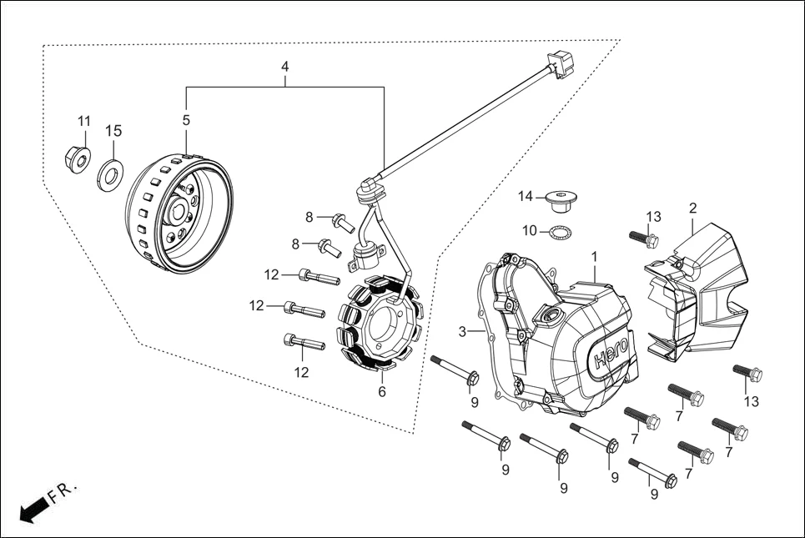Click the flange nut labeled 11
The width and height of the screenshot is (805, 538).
78,158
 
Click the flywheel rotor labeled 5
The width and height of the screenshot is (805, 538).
178,213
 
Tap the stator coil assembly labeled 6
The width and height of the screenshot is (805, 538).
380,325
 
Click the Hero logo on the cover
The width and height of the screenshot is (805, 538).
614,360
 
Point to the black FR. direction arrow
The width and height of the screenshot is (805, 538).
32,510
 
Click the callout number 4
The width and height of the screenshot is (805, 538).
285,65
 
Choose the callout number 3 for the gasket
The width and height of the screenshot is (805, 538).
461,332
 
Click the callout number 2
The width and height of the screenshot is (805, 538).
692,207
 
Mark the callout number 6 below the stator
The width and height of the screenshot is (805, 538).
382,391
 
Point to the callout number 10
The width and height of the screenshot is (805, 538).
530,230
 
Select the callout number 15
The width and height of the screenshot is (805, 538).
113,131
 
